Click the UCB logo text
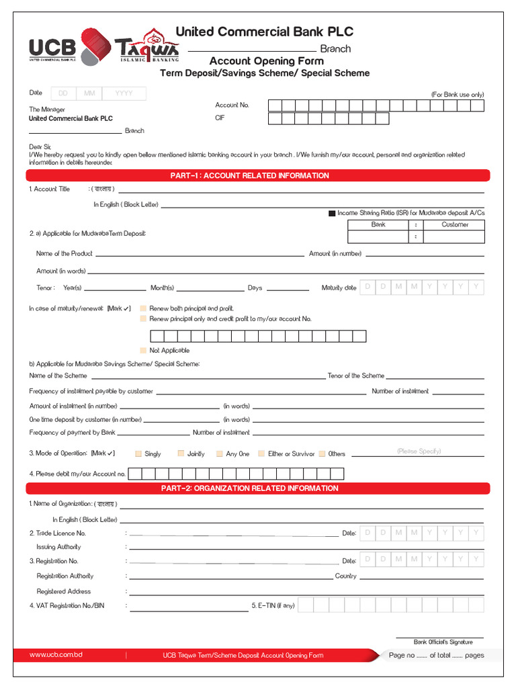coord(52,48)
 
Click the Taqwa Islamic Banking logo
coord(147,48)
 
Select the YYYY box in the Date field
coord(124,94)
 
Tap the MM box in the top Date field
coord(89,94)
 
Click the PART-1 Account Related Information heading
coord(258,176)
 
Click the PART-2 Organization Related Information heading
coord(258,488)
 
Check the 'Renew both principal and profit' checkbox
coord(142,308)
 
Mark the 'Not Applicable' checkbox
coord(142,351)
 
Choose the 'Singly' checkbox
coord(138,454)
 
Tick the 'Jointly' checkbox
coord(181,454)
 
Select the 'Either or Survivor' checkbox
coord(262,454)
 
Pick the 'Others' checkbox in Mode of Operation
coord(322,454)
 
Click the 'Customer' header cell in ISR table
coord(455,225)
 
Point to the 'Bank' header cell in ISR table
coord(378,225)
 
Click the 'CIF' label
coord(219,118)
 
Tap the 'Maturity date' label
coord(339,288)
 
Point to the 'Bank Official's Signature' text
coord(443,642)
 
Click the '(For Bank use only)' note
coord(457,95)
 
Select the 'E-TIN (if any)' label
coord(273,606)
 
